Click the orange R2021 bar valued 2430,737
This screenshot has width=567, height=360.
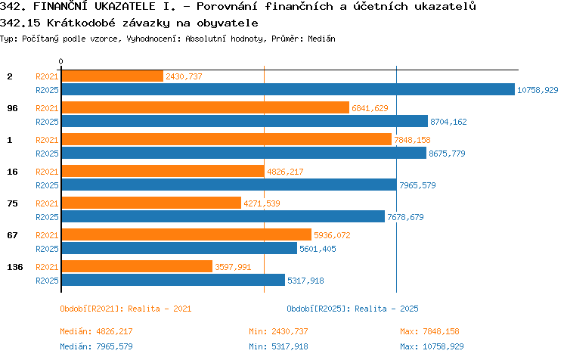(113, 76)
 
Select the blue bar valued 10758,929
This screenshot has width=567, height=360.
(288, 89)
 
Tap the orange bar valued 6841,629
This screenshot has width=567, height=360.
(206, 108)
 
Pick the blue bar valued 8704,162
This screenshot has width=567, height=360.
(245, 121)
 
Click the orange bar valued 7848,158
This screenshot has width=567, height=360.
(227, 139)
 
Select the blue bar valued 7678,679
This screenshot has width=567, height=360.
(223, 216)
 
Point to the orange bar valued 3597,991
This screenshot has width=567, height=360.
(137, 266)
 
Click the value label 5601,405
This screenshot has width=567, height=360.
(318, 249)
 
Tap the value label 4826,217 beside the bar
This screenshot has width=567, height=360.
(285, 172)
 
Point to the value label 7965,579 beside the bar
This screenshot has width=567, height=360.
(417, 185)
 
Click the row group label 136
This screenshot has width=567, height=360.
(15, 267)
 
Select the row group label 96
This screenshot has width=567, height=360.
(12, 108)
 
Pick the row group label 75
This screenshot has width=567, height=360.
(12, 203)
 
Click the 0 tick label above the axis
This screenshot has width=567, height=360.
(60, 61)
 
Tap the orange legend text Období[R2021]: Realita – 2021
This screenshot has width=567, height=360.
(125, 309)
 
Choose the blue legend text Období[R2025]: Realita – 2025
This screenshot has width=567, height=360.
(352, 309)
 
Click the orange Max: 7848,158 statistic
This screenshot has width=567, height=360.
(429, 331)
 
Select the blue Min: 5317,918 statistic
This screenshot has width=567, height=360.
(278, 346)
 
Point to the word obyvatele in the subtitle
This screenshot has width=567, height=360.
(228, 23)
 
